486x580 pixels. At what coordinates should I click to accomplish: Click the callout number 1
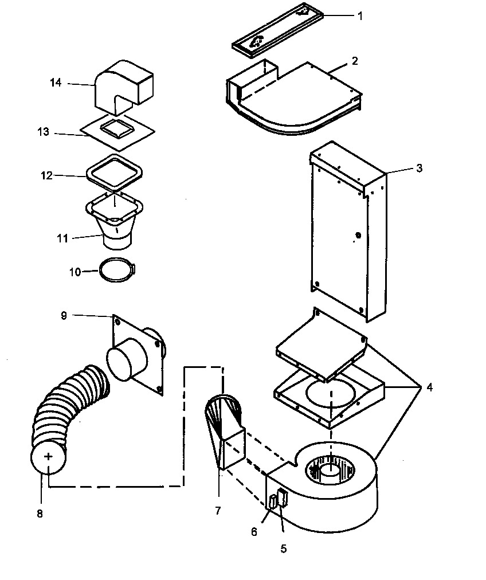(x=360, y=16)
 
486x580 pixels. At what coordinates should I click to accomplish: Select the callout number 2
(x=355, y=61)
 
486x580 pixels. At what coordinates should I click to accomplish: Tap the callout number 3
(x=419, y=168)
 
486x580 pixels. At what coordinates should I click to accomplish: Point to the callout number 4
(x=429, y=387)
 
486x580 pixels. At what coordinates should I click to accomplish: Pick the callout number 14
(x=55, y=83)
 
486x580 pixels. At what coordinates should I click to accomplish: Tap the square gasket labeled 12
(x=113, y=173)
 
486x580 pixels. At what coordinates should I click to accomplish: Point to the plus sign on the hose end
(x=49, y=457)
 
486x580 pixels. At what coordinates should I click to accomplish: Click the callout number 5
(x=283, y=548)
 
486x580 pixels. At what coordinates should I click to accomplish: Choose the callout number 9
(x=64, y=315)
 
